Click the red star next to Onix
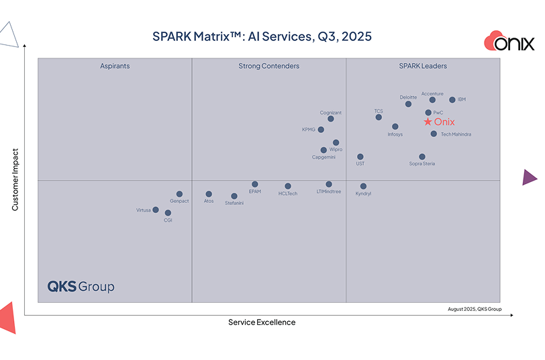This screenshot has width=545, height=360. click(x=428, y=122)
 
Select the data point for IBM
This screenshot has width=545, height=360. click(x=452, y=100)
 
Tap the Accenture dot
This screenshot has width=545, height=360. click(x=432, y=100)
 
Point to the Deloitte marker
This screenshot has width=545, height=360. click(x=408, y=104)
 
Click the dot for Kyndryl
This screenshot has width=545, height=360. click(x=363, y=186)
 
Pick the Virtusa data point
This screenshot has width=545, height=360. click(x=156, y=210)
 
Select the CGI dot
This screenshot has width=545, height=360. click(x=168, y=213)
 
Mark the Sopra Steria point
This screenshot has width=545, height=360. click(x=422, y=157)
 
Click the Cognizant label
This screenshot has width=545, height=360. click(x=331, y=113)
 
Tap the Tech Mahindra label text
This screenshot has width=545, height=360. click(x=456, y=134)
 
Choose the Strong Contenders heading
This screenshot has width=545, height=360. click(x=268, y=66)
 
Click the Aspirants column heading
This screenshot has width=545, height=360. click(x=115, y=66)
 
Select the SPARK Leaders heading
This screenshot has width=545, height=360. click(x=423, y=66)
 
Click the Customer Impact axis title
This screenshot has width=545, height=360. click(x=15, y=180)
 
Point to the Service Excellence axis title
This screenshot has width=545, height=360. click(x=262, y=322)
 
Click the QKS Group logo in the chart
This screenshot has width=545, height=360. click(x=81, y=287)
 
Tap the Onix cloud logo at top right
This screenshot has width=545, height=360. click(x=509, y=42)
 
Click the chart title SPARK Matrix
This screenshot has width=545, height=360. click(x=262, y=36)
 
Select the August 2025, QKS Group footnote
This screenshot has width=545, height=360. click(x=475, y=309)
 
